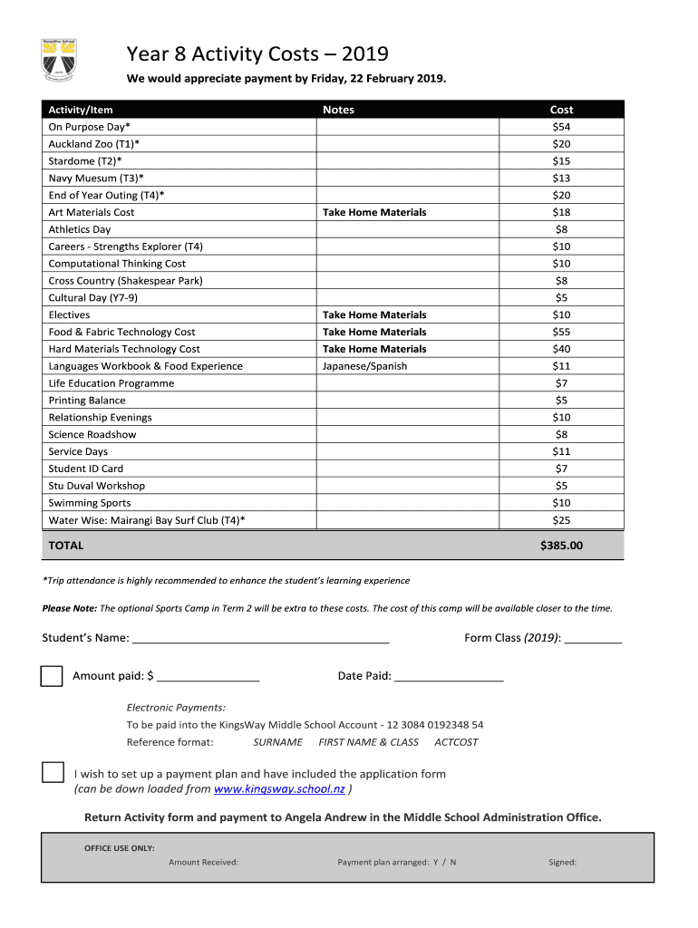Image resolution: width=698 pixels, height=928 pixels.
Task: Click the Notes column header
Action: (x=338, y=110)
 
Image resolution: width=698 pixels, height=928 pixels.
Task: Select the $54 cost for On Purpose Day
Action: (x=561, y=127)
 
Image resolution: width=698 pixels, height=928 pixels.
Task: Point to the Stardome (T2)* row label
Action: (x=85, y=161)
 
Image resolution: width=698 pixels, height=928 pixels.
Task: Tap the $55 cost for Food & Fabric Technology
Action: (x=561, y=332)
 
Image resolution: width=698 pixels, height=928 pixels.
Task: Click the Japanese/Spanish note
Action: (x=364, y=366)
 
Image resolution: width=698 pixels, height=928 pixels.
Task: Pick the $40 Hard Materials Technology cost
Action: (x=561, y=349)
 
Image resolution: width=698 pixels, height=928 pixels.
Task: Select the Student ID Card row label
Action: (x=85, y=469)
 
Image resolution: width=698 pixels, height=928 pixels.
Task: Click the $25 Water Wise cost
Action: (x=561, y=520)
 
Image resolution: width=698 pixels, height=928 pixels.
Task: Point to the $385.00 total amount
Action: (x=561, y=546)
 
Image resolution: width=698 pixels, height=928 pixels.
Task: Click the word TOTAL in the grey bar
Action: (x=65, y=546)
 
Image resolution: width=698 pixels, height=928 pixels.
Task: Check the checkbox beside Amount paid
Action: (x=53, y=676)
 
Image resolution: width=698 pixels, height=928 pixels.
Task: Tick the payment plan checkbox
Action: (x=53, y=773)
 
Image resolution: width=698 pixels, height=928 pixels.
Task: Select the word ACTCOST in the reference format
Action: (x=456, y=742)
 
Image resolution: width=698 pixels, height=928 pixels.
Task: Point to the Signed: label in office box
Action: (x=562, y=862)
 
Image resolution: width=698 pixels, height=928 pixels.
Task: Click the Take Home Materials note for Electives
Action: (x=374, y=314)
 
